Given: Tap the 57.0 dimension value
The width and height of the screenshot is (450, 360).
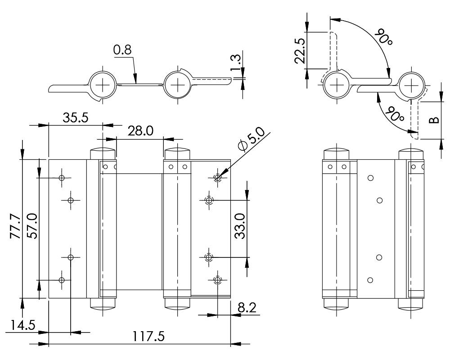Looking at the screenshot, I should (31, 229).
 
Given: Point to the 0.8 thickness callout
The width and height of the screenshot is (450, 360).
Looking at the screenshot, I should (122, 50).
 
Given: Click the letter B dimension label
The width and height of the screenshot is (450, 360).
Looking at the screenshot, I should (432, 120).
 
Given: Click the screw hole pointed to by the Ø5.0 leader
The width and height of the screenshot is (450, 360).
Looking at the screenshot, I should (218, 178).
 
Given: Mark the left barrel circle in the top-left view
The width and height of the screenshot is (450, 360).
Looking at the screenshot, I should (103, 84).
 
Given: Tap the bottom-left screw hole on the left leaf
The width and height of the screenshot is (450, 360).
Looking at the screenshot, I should (62, 280).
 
